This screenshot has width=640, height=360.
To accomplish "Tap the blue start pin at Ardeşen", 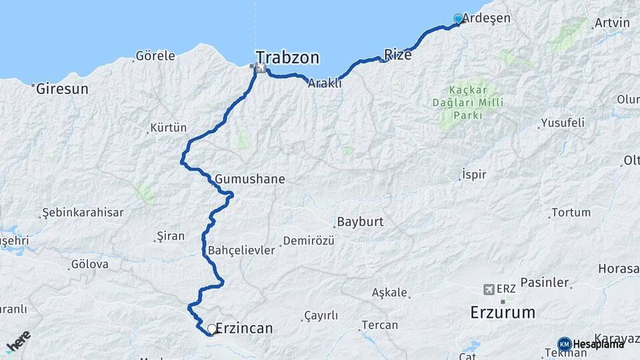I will click(x=458, y=19).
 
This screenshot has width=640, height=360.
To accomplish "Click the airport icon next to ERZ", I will click(x=490, y=289).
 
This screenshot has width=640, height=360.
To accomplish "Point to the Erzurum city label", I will click(x=503, y=312).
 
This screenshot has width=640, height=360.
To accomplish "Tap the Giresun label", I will click(x=62, y=88).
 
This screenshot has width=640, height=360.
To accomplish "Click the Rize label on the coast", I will click(x=398, y=55).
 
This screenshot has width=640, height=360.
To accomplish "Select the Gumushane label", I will click(x=250, y=179).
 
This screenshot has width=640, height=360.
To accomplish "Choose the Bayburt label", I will click(x=360, y=222).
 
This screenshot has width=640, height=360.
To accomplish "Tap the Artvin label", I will click(x=611, y=23).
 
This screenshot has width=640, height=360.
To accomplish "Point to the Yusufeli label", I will click(x=563, y=123).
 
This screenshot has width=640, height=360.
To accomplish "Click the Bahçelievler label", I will click(x=241, y=250).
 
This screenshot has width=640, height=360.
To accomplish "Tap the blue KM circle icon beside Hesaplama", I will click(x=564, y=344).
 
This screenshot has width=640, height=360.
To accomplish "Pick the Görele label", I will click(x=155, y=56).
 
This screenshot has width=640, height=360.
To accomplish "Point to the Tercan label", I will click(x=379, y=325).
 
